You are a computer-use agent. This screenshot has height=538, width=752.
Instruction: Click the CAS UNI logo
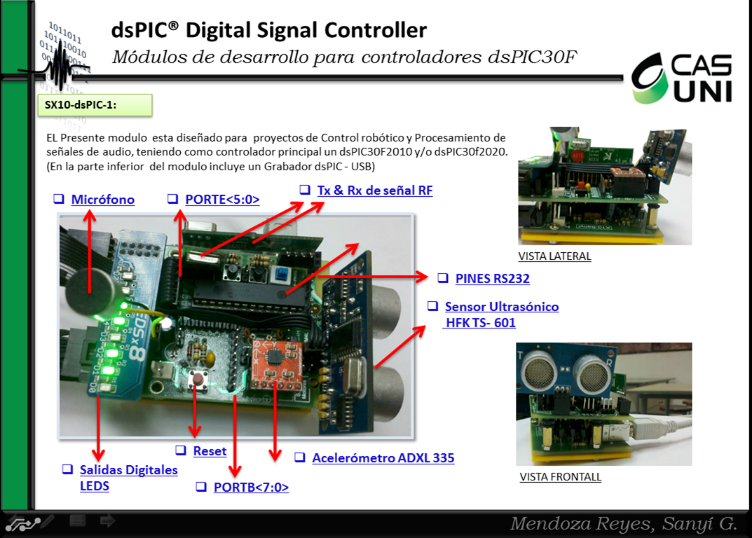(682, 79)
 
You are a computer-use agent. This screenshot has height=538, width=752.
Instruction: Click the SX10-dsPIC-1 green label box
(96, 104)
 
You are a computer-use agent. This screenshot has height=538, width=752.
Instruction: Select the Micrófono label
(102, 200)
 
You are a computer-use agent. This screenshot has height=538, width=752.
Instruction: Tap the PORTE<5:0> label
(221, 200)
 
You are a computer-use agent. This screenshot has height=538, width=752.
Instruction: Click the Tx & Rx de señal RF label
(374, 190)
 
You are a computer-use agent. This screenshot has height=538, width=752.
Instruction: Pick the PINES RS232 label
(492, 278)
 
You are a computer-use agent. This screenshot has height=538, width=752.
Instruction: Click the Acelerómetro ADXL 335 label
(383, 458)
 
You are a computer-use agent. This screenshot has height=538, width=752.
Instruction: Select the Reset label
(210, 451)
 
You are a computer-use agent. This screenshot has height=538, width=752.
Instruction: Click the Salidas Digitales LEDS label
(128, 477)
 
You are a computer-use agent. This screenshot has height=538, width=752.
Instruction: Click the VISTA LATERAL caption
(554, 256)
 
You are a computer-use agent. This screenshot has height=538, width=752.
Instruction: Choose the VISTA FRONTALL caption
(560, 477)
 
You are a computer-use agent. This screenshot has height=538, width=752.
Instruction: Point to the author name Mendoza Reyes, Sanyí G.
(623, 523)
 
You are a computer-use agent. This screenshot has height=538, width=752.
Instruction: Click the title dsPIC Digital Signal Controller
(268, 30)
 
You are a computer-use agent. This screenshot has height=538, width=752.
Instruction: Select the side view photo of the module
(604, 186)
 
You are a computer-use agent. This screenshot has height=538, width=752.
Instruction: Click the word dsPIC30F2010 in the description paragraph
(379, 151)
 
